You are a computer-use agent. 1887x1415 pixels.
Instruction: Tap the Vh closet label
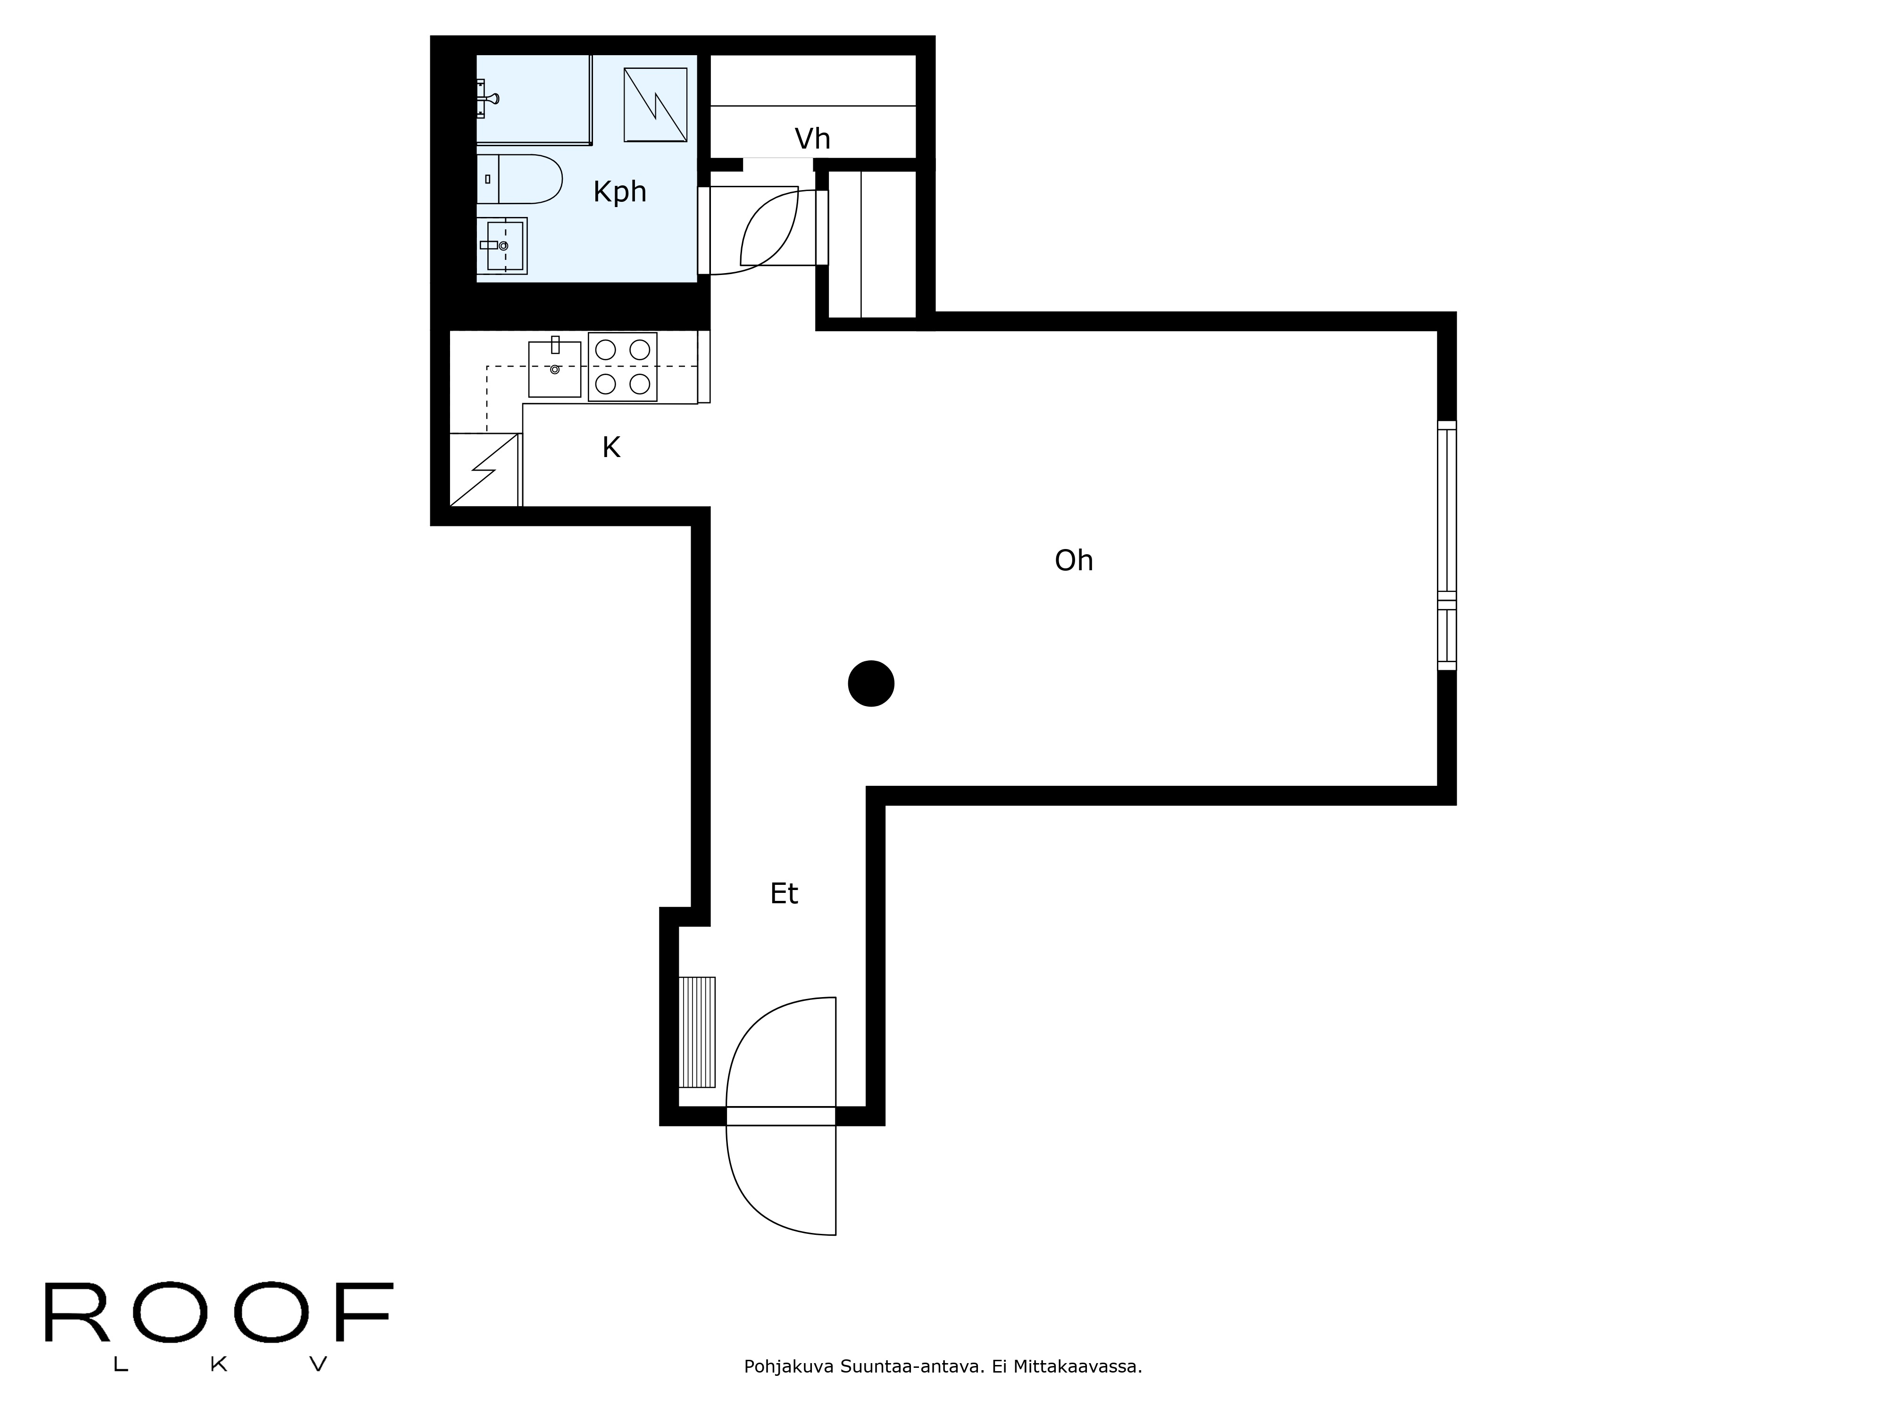812,138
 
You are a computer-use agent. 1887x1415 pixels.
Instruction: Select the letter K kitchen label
611,447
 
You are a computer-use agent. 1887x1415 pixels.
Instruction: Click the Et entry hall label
784,894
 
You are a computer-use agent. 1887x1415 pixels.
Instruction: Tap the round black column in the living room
871,684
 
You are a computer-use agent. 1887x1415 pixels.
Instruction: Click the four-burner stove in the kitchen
623,367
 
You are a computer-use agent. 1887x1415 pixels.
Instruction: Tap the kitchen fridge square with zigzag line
484,470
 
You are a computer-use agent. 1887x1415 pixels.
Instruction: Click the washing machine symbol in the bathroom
655,105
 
